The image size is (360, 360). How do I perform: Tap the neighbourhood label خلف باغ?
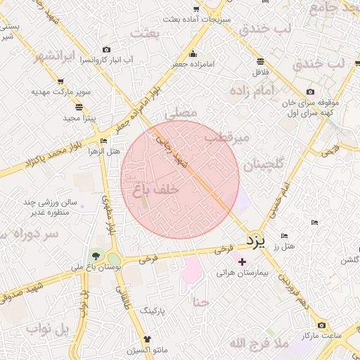pyautogui.click(x=156, y=190)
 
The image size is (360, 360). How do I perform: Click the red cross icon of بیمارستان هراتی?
pyautogui.click(x=243, y=261)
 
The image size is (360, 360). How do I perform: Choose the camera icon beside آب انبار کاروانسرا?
pyautogui.click(x=106, y=49)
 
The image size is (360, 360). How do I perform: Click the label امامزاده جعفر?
pyautogui.click(x=205, y=64)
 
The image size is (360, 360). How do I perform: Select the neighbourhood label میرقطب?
pyautogui.click(x=226, y=139)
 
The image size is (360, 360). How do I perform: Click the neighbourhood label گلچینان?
pyautogui.click(x=264, y=165)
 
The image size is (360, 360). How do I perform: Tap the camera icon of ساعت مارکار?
pyautogui.click(x=321, y=325)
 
